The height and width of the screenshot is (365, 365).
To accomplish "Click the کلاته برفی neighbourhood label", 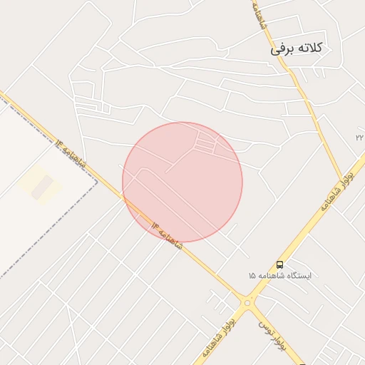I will (x=297, y=48).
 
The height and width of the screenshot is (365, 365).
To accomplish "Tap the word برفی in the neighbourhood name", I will (x=281, y=50).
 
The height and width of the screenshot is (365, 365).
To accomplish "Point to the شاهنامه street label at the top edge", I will (x=258, y=14).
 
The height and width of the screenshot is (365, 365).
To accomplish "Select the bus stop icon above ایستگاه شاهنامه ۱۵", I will (x=279, y=264).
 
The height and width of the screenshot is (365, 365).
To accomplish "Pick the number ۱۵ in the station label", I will (x=252, y=275).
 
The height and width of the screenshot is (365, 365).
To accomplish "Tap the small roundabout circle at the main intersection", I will (x=247, y=303).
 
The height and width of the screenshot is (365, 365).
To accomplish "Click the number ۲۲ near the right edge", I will (x=359, y=136).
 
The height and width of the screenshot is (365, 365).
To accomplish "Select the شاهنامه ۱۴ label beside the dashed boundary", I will (x=71, y=153).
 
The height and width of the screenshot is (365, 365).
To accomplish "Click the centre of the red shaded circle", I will (x=182, y=182).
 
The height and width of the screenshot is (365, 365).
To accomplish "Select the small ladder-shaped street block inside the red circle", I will (x=205, y=143).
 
